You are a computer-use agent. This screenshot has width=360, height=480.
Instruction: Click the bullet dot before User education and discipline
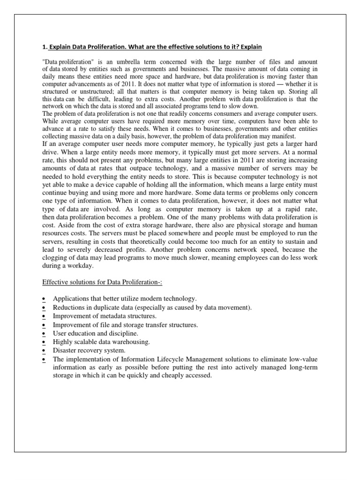(43, 334)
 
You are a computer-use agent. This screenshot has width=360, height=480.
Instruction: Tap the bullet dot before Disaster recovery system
(43, 351)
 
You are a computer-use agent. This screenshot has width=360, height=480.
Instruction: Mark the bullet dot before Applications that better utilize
(43, 299)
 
